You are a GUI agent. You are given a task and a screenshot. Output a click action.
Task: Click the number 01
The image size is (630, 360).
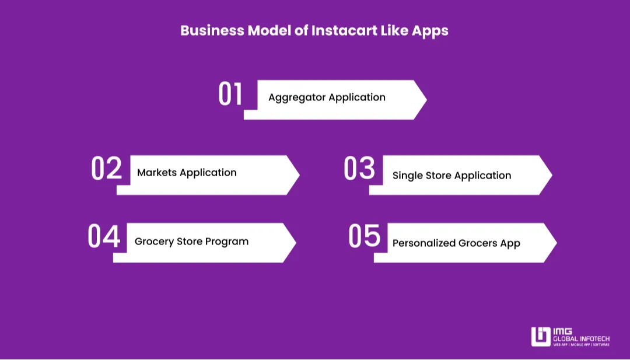[x=230, y=94]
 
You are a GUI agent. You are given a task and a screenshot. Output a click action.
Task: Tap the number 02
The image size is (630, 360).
[x=106, y=169]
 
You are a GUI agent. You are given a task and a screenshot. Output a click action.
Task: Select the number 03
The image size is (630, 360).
[x=359, y=169]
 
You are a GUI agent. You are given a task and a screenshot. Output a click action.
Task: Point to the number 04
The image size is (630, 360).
[x=104, y=236]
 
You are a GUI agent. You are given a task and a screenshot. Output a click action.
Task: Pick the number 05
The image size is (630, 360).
[x=364, y=236]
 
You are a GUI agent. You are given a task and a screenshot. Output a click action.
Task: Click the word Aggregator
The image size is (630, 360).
[x=296, y=97]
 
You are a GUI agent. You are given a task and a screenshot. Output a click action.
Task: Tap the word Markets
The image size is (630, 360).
[x=157, y=173]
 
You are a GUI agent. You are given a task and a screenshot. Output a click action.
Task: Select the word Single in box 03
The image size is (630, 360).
[x=407, y=176]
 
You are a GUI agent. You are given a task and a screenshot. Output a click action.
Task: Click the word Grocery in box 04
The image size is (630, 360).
[x=154, y=242]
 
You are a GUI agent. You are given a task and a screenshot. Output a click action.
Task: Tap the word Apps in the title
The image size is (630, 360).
[x=430, y=31]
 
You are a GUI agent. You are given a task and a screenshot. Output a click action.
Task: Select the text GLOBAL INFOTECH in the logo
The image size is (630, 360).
[x=581, y=338]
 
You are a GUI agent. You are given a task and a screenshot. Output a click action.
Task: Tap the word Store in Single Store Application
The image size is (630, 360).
[x=437, y=176]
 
